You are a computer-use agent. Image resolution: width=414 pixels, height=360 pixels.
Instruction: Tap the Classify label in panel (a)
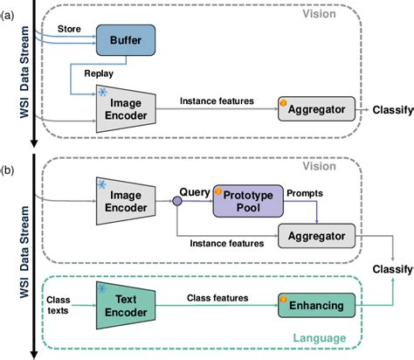click(x=390, y=110)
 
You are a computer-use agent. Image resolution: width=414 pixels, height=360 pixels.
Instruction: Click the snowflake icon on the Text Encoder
click(x=103, y=289)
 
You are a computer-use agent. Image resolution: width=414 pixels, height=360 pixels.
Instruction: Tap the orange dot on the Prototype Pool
click(x=219, y=188)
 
